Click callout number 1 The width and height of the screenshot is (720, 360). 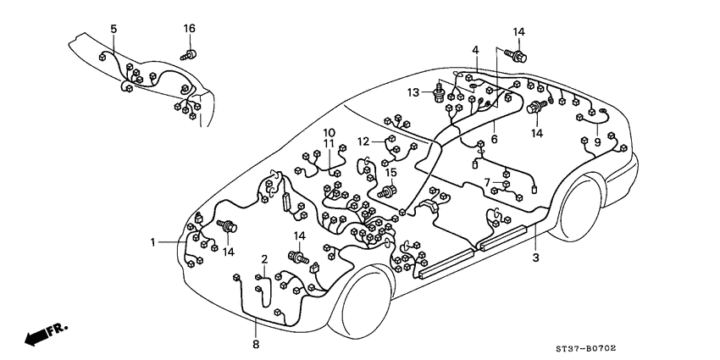click(154, 242)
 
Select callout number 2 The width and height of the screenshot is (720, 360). click(264, 258)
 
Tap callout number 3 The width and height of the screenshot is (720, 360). click(535, 258)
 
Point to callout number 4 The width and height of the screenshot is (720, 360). click(476, 51)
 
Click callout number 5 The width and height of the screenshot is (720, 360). click(114, 30)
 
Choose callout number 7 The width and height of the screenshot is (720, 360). click(488, 181)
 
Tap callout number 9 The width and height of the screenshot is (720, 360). click(597, 142)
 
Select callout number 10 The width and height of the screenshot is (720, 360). click(329, 132)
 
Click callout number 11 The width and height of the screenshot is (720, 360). click(329, 144)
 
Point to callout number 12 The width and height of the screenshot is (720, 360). click(363, 141)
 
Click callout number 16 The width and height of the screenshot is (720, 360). click(190, 30)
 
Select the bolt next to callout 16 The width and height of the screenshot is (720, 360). click(190, 55)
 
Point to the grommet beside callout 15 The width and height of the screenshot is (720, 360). click(390, 191)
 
